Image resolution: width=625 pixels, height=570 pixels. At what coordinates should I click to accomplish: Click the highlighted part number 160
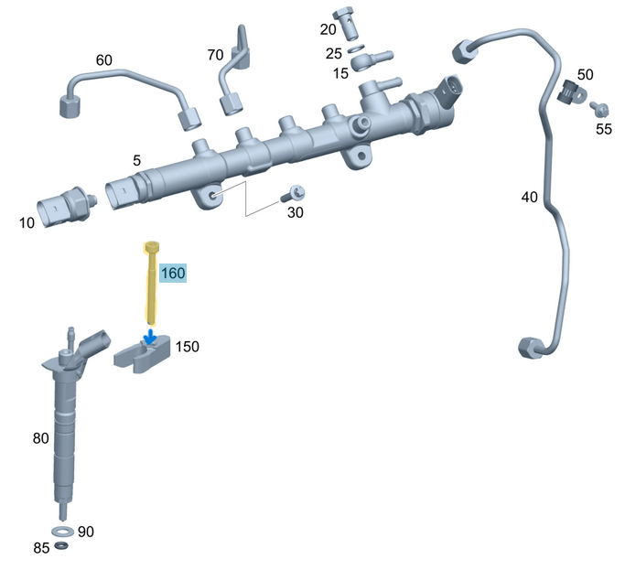click(173, 273)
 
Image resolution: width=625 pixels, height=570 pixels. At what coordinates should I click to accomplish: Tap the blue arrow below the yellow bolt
click(150, 337)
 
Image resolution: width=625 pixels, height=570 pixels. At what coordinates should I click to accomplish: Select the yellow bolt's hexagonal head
click(151, 246)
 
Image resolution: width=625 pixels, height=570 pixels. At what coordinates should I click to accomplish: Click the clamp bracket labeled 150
click(142, 353)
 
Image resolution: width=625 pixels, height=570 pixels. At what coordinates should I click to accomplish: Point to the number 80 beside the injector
click(40, 438)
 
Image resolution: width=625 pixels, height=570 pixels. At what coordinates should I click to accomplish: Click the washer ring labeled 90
click(62, 531)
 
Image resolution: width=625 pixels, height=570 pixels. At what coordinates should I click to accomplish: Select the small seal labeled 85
click(60, 547)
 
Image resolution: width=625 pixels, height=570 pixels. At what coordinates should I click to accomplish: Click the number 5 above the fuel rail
click(136, 160)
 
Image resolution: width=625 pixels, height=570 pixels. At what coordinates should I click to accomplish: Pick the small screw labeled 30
click(295, 193)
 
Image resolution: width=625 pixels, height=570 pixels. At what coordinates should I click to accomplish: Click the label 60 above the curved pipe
click(104, 60)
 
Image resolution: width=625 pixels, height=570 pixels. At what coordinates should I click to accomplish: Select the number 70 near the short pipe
click(215, 55)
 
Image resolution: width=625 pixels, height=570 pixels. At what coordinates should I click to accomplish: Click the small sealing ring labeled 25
click(356, 49)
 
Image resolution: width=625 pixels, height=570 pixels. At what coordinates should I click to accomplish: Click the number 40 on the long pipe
click(530, 197)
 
